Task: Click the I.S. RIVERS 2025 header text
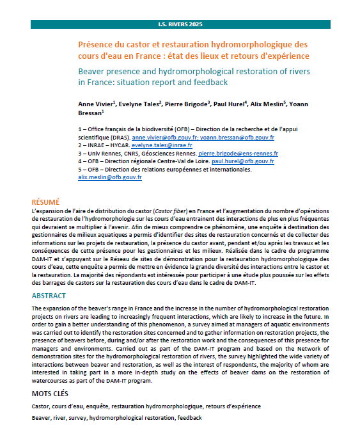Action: [x=180, y=24]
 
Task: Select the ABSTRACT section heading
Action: [x=49, y=296]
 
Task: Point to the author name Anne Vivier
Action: [x=95, y=102]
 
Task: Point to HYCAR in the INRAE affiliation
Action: [x=115, y=146]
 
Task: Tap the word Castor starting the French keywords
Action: [x=42, y=406]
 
